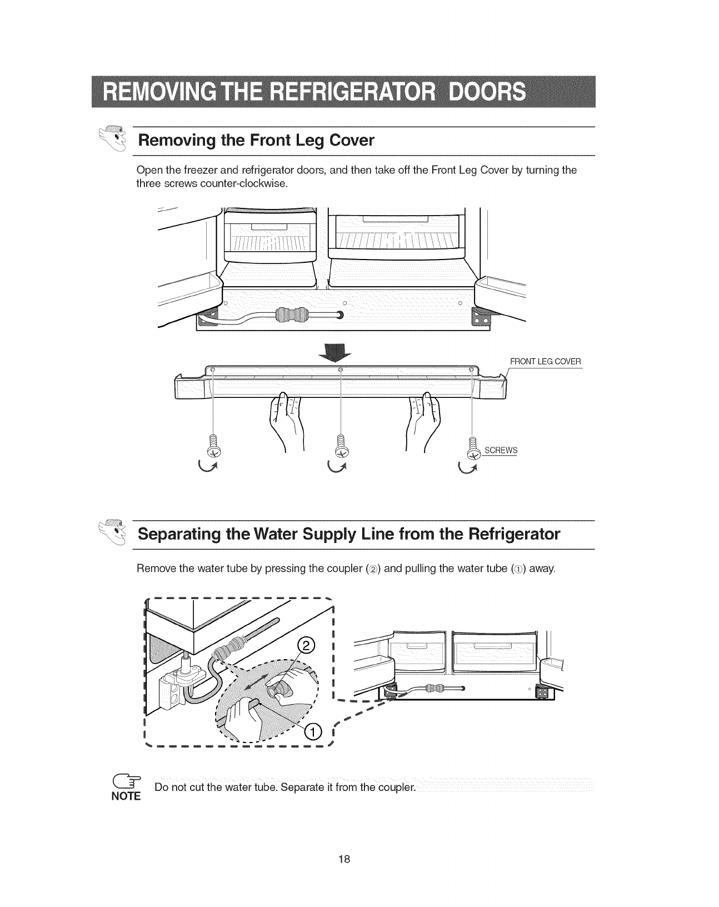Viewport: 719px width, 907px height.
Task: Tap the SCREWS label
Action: tap(501, 450)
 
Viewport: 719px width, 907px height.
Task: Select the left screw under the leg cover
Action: tap(213, 445)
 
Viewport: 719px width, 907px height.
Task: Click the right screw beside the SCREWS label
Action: tap(473, 448)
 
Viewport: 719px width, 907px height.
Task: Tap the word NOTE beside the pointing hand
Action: tap(126, 796)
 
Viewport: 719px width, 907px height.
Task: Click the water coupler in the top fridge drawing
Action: tap(289, 315)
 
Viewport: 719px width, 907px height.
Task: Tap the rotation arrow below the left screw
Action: tap(209, 465)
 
